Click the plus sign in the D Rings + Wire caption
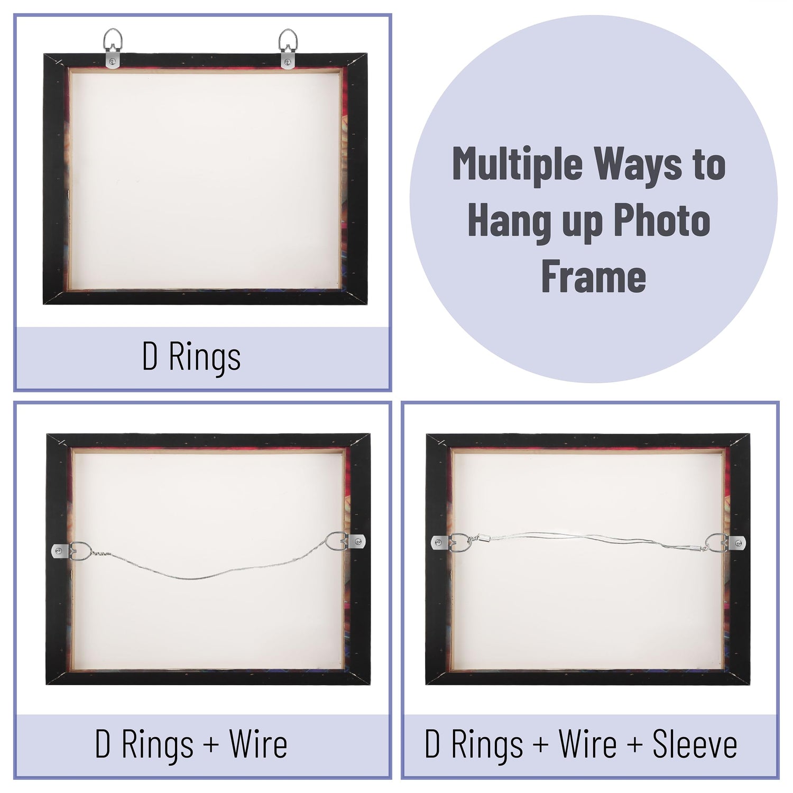[211, 745]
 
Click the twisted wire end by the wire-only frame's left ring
[100, 553]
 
